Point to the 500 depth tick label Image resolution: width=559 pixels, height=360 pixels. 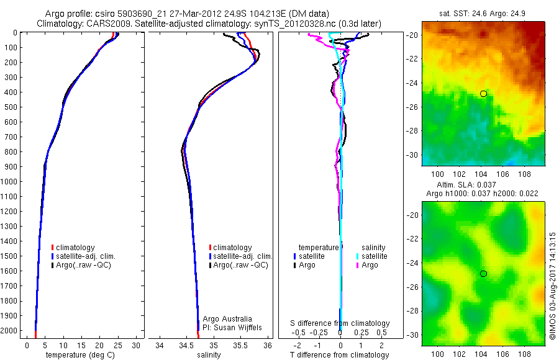coord(12,107)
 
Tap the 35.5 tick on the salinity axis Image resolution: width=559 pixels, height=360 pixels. coord(240,345)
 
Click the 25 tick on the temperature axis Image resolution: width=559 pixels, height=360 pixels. coord(117,345)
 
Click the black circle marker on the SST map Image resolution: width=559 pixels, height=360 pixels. coord(483,93)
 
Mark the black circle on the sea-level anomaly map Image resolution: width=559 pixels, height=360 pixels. coord(483,273)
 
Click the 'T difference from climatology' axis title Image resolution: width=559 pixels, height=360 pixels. coord(340,355)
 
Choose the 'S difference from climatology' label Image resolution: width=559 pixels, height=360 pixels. coord(340,323)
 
